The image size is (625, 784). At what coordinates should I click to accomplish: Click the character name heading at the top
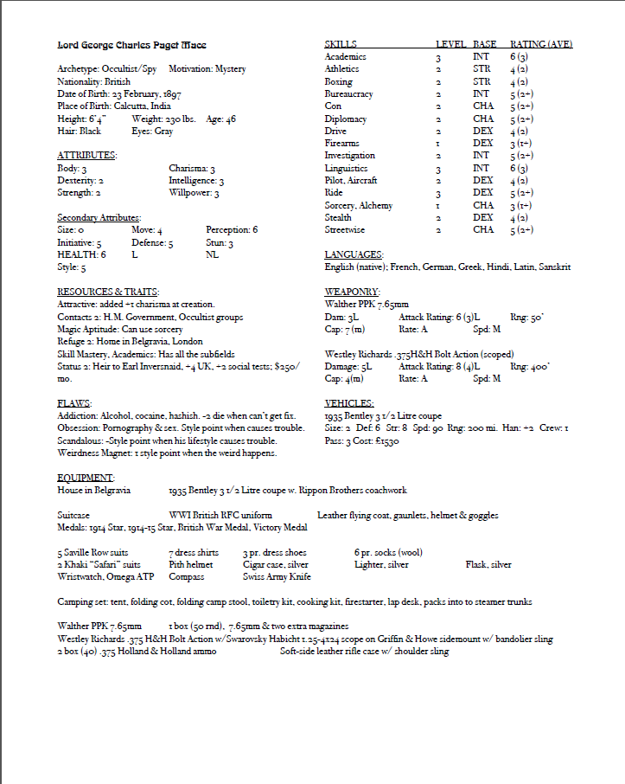click(x=131, y=44)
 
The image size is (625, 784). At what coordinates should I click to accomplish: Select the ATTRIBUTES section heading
click(x=86, y=155)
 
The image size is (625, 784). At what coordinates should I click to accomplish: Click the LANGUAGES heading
click(x=353, y=255)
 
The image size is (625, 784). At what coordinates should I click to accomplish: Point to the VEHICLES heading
click(x=349, y=403)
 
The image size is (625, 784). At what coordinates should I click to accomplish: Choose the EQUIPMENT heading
click(x=86, y=478)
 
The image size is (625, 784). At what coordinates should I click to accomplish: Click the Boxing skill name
click(x=338, y=81)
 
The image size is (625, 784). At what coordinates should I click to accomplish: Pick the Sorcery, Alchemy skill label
click(x=358, y=206)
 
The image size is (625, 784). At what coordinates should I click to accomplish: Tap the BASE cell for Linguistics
click(x=482, y=168)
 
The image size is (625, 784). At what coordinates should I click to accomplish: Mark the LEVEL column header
click(x=450, y=44)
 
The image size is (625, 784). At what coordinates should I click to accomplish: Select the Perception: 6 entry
click(x=232, y=230)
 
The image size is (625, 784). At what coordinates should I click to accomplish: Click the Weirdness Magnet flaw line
click(x=167, y=453)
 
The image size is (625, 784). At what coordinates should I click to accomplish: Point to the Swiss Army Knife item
click(x=276, y=576)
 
